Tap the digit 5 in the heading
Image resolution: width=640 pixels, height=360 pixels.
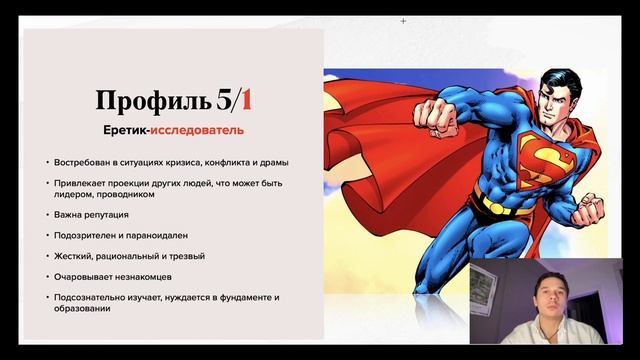click(x=223, y=100)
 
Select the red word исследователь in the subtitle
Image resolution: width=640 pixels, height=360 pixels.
click(x=205, y=131)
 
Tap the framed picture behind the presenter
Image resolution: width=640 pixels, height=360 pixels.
click(x=482, y=291)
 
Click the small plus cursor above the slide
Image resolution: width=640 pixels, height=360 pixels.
click(x=403, y=20)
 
